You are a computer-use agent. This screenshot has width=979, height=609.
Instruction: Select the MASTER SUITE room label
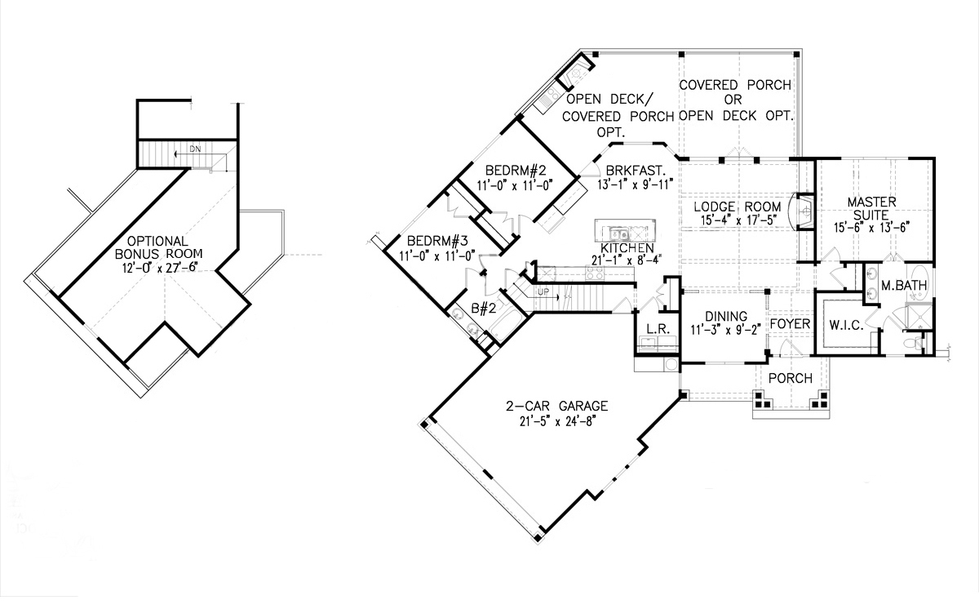[871, 208]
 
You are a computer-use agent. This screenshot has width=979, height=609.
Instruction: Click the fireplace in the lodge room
[804, 211]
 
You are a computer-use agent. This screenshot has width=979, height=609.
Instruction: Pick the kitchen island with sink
[624, 229]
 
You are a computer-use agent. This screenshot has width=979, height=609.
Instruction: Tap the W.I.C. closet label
[846, 325]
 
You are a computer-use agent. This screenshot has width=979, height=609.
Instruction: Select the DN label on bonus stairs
[195, 149]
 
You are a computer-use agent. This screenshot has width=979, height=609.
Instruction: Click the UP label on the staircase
[542, 291]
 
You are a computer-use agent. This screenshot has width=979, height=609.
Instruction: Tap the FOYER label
[790, 324]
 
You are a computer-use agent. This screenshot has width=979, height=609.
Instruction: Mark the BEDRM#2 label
[514, 171]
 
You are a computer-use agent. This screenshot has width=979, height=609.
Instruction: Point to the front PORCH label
[790, 379]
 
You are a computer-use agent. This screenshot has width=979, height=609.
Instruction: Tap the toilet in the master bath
[921, 345]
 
